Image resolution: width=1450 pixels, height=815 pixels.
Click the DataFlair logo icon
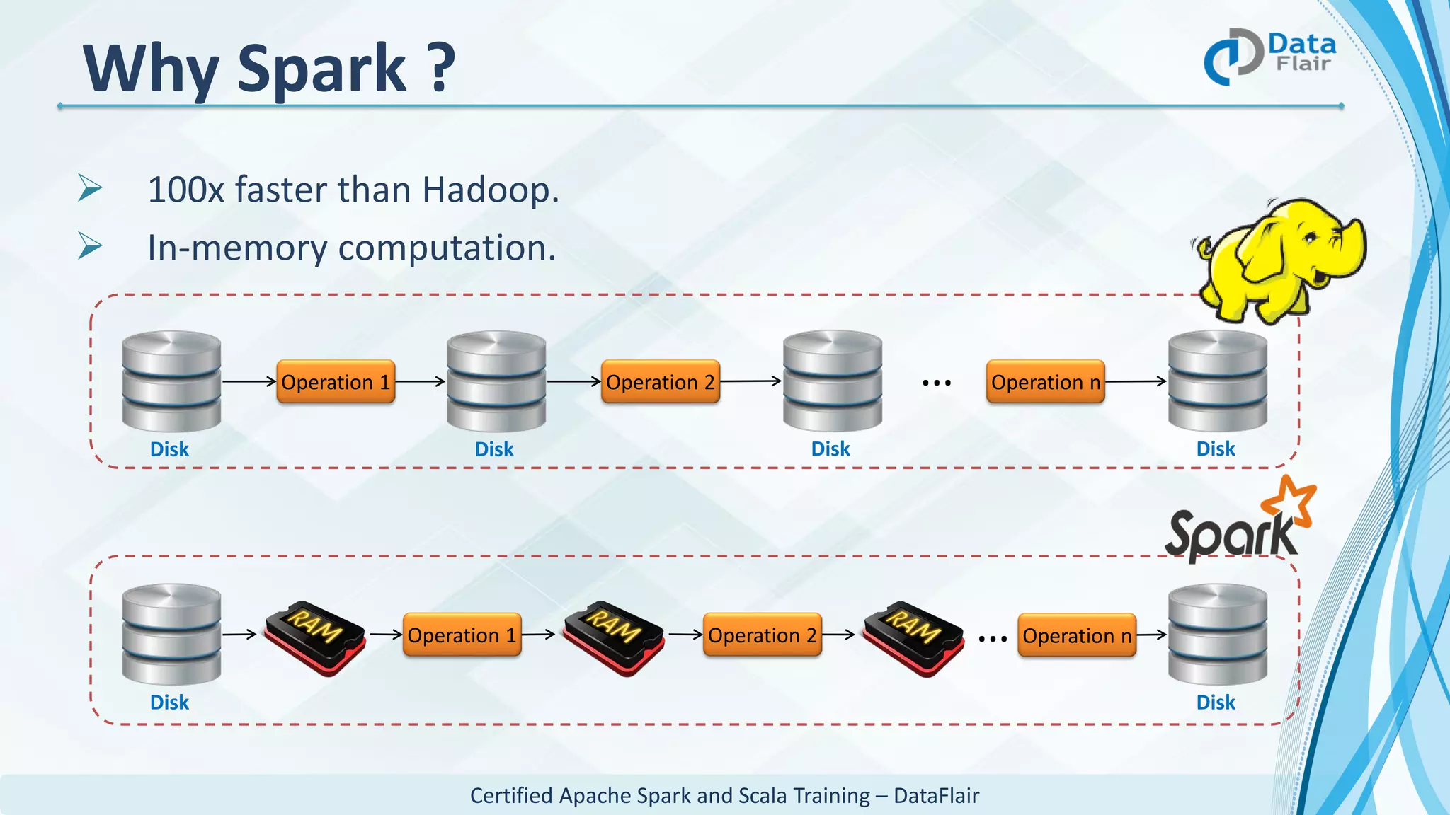click(x=1233, y=57)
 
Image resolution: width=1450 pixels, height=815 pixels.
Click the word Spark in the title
click(x=321, y=69)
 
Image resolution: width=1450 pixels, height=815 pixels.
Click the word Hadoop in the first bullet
click(x=490, y=190)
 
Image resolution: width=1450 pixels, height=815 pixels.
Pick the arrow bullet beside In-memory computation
click(x=90, y=246)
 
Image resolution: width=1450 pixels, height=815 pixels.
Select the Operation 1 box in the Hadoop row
click(x=336, y=382)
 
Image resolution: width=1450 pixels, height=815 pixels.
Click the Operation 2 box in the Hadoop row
click(x=660, y=382)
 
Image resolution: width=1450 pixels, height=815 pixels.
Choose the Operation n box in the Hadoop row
click(x=1045, y=382)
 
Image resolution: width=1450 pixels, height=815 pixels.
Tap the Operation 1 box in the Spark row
click(x=462, y=635)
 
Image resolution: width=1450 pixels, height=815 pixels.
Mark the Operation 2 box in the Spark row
click(x=762, y=635)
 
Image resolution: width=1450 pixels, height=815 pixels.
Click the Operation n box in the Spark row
click(x=1076, y=635)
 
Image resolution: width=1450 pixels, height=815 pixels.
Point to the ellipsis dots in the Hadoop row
click(x=936, y=383)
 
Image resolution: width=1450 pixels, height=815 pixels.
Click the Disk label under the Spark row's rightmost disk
click(x=1215, y=703)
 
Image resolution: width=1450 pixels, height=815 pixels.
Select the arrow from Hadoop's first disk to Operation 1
click(x=249, y=381)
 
